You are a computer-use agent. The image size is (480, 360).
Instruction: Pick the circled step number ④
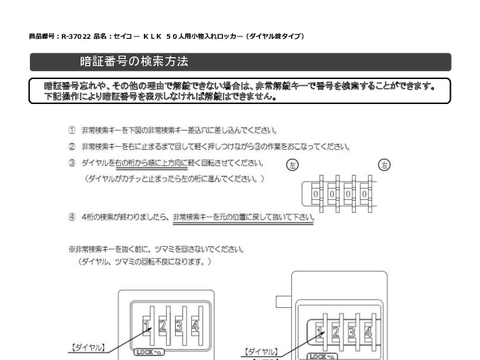click(73, 214)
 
